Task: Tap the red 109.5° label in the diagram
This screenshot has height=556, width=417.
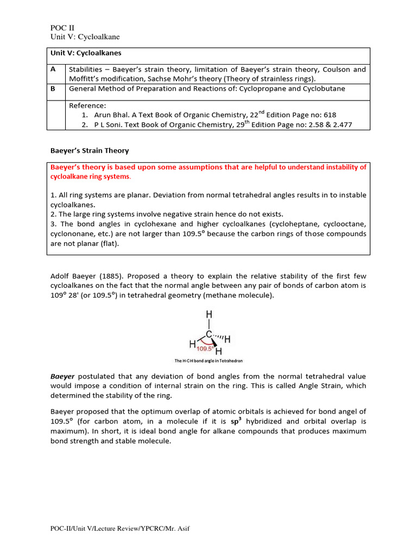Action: tap(206, 349)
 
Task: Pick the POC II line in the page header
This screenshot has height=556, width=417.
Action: tap(59, 27)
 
